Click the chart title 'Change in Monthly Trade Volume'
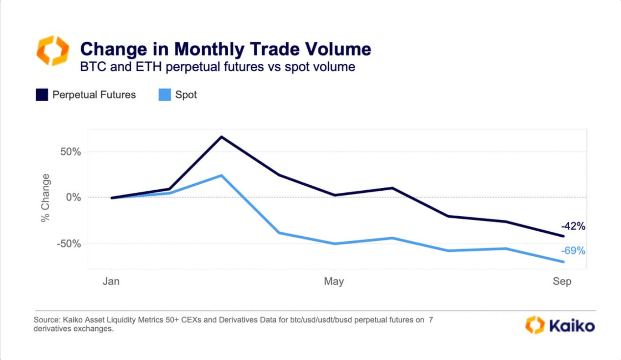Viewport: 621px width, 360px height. (225, 49)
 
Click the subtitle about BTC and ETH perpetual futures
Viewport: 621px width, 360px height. (217, 67)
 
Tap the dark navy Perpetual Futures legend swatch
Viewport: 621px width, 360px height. (42, 95)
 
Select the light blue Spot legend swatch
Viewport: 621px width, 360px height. (164, 95)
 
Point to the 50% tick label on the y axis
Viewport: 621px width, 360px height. (71, 152)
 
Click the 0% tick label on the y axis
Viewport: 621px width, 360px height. (73, 197)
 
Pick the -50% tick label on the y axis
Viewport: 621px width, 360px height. (69, 244)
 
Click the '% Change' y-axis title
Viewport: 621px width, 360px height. (45, 198)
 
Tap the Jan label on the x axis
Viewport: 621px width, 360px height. (111, 281)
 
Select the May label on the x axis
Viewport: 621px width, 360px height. (334, 281)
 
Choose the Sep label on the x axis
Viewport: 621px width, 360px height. (562, 281)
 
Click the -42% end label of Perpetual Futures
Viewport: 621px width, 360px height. (573, 226)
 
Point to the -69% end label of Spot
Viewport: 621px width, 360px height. (573, 251)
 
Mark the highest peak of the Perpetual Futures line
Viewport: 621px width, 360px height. (221, 137)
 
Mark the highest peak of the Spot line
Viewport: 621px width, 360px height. (221, 175)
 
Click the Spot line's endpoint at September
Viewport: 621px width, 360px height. (563, 262)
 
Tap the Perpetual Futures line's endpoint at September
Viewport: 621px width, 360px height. (563, 236)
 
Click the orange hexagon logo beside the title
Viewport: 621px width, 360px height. (53, 51)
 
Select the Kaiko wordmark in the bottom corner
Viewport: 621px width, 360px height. (571, 326)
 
